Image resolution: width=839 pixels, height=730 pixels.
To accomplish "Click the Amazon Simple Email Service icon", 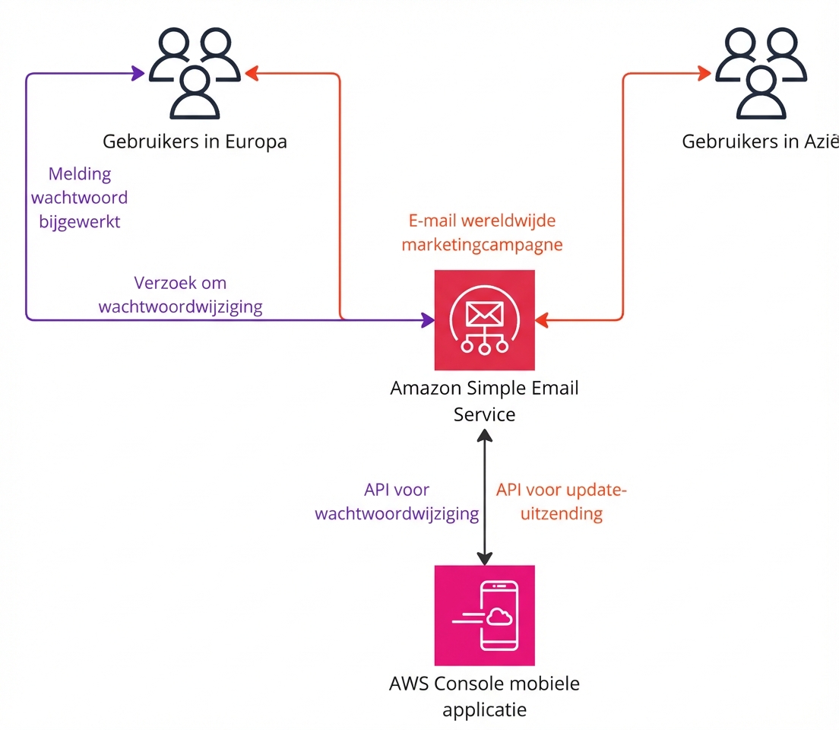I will click(484, 319).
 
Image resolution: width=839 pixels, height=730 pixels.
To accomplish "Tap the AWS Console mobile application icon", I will click(484, 615).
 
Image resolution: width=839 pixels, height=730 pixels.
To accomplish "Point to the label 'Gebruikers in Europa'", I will click(195, 141).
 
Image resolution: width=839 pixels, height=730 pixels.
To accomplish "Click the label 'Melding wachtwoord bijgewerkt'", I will click(84, 198).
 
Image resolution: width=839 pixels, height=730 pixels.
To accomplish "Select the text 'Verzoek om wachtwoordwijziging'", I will click(181, 295).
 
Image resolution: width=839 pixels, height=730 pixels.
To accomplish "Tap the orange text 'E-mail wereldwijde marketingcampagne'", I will click(482, 233).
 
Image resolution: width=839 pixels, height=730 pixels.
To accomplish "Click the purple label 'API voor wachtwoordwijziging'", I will click(397, 502).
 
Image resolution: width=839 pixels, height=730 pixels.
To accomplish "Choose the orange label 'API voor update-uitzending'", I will click(561, 502).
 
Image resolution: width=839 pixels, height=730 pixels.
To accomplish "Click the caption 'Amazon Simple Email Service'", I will click(484, 401).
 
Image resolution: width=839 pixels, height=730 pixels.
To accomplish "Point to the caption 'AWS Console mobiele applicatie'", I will click(484, 696).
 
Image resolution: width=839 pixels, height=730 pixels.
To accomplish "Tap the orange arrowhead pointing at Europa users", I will click(252, 74).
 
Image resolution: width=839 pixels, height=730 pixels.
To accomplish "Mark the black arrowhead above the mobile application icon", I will click(484, 559).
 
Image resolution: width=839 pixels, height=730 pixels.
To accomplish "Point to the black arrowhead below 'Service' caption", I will click(484, 435).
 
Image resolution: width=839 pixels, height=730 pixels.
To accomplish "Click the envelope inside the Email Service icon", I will click(484, 313).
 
